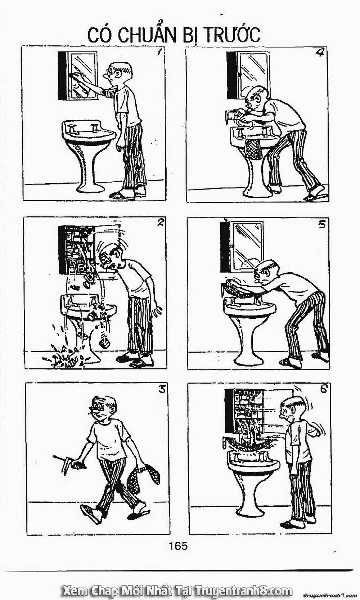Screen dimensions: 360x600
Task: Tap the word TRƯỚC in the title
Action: (233, 35)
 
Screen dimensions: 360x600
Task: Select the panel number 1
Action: (159, 52)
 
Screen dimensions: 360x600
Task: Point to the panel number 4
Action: (320, 53)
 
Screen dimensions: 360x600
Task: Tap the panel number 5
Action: (321, 225)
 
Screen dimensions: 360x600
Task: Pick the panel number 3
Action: (162, 389)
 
